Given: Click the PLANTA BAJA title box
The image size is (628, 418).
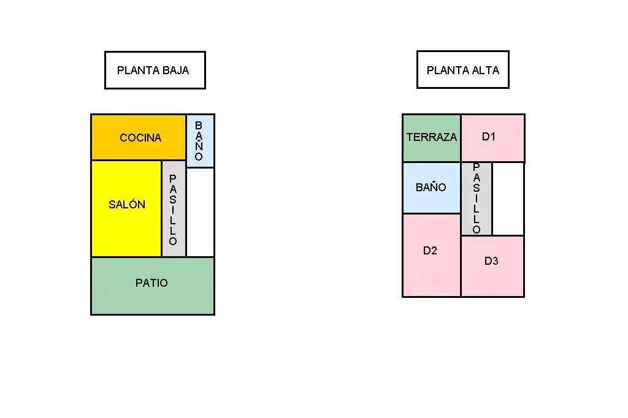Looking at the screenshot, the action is click(155, 70).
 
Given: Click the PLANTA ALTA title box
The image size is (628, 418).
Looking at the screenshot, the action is click(463, 70).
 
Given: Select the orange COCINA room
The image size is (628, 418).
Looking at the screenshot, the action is click(139, 137).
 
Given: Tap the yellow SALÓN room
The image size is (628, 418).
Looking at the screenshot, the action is click(126, 208).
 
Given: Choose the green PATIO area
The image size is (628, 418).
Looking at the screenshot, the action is click(153, 286).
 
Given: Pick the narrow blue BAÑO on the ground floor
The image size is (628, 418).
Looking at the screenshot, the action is click(200, 140).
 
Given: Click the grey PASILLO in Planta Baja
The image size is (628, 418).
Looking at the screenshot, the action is click(174, 208).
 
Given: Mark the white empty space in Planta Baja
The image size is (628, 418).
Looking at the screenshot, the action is click(201, 212).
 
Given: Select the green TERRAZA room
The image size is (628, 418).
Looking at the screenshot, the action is click(432, 138).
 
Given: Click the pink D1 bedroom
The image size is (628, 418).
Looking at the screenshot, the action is click(492, 138).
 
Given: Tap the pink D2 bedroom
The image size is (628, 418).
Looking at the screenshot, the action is click(432, 255).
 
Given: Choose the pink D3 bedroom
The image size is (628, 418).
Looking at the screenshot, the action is click(492, 266).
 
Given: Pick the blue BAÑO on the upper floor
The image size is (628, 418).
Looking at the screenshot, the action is click(432, 188).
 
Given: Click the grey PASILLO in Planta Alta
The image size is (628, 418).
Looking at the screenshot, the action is click(477, 199).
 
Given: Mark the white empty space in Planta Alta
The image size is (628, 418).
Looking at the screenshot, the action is click(508, 199).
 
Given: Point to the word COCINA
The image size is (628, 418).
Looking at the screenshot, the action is click(140, 138).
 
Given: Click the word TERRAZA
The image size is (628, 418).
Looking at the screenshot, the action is click(432, 137).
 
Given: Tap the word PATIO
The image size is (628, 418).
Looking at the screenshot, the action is click(151, 283).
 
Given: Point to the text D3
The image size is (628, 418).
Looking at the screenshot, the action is click(491, 261).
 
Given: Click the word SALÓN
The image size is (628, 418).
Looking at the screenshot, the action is click(127, 204).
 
